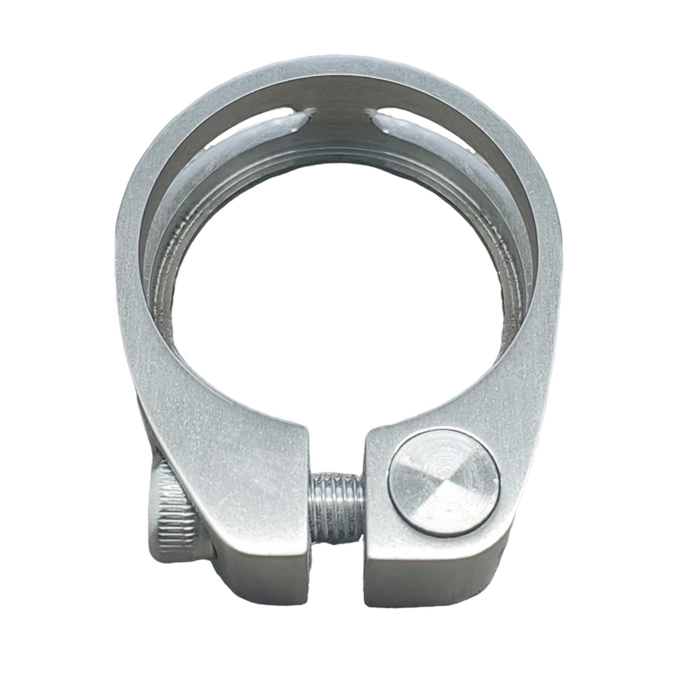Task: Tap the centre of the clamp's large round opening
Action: pos(337,295)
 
